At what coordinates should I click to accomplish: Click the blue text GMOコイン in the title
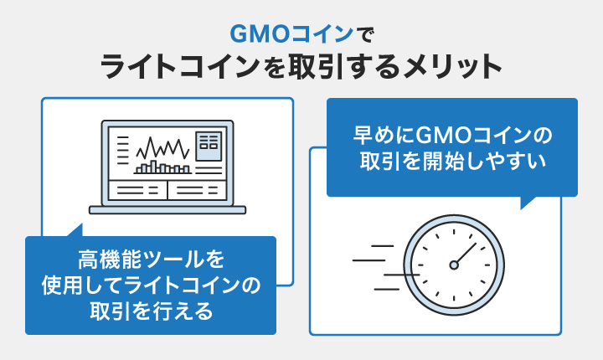point(291,34)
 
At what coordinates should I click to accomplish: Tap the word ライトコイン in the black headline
point(180,67)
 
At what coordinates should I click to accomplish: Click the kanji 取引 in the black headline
point(315,67)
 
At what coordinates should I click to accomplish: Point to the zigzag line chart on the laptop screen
point(162,147)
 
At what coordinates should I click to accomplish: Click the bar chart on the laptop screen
point(162,167)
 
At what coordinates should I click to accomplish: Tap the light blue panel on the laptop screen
point(209,147)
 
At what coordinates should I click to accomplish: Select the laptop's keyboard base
point(167,210)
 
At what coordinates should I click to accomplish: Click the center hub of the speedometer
point(454,265)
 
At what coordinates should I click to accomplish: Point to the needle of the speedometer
point(465,255)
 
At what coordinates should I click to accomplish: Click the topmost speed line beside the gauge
point(382,246)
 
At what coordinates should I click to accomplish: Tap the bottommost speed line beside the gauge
point(387,289)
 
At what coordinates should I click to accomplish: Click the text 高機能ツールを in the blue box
point(151,260)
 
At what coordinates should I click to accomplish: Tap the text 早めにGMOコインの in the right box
point(452,135)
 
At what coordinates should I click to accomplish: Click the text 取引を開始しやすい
point(452,161)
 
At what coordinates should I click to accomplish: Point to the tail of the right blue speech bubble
point(528,203)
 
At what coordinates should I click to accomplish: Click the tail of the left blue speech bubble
point(76,230)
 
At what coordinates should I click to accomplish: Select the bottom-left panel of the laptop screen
point(137,190)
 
